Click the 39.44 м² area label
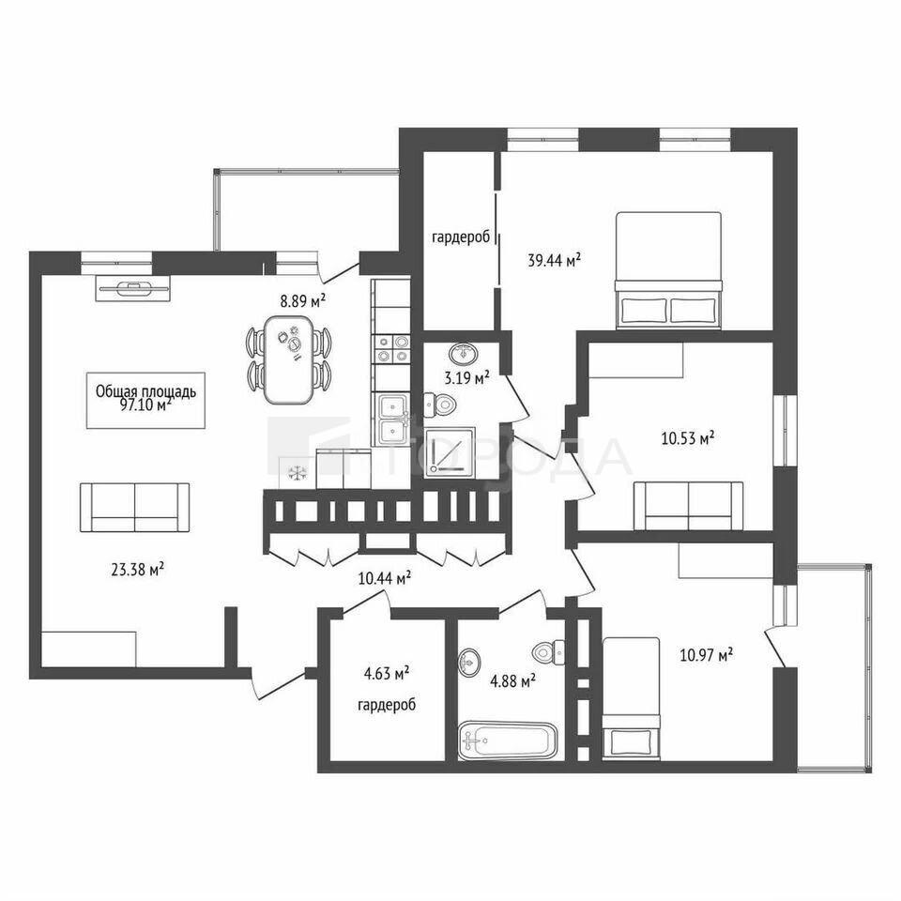point(554,260)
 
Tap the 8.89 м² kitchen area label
point(303,300)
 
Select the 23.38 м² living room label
point(137,570)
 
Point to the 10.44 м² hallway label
point(385,577)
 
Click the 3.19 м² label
point(466,378)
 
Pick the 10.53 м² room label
point(688,439)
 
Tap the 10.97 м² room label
point(706,654)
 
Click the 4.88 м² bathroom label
point(512,681)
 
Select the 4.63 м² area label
point(386,673)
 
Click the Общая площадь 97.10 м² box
point(146,400)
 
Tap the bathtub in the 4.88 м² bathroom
point(508,741)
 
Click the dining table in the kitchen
point(289,359)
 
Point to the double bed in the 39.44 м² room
point(668,270)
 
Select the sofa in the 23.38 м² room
point(134,507)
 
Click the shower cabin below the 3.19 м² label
point(450,452)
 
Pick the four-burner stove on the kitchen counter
point(392,349)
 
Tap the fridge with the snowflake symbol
point(298,473)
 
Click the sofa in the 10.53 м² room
point(688,506)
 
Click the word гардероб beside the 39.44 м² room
point(460,237)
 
